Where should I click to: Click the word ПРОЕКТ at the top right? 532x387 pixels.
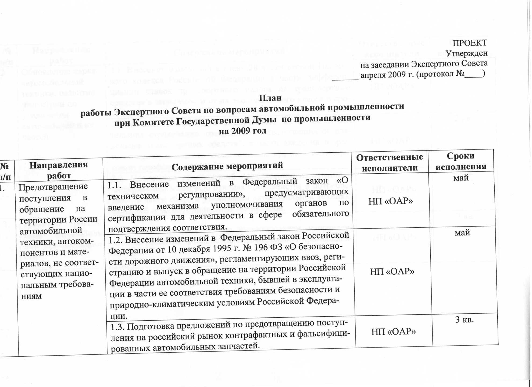tap(470, 43)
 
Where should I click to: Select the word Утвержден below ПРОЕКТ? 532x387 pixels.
tap(466, 53)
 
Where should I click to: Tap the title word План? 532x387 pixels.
tap(270, 98)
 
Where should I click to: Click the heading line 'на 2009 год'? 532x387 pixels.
tap(242, 131)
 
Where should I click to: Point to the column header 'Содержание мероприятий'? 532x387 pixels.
tap(227, 166)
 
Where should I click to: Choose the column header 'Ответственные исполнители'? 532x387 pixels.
tap(390, 163)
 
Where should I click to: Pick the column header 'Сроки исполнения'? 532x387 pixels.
tap(460, 161)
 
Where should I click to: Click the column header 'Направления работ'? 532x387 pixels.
tap(59, 170)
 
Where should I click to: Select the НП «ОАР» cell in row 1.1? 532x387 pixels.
tap(390, 201)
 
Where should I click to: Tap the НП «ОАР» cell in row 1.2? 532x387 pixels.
tap(392, 271)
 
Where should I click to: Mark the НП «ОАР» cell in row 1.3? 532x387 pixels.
tap(394, 332)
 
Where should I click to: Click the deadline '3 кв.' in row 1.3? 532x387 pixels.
tap(464, 320)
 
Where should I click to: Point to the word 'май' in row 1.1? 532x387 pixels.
tap(461, 178)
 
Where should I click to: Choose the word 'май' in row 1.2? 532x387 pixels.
tap(462, 232)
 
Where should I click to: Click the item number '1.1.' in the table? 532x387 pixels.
tap(115, 185)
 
